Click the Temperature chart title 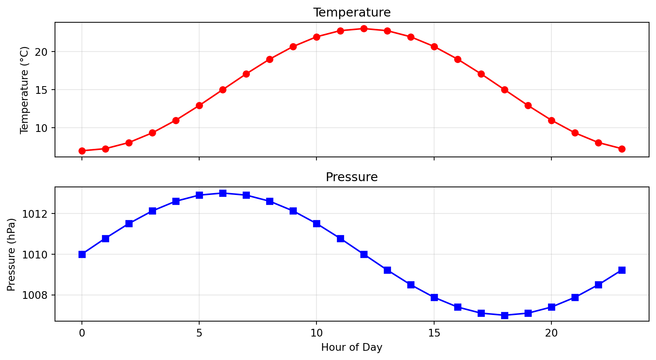pos(352,12)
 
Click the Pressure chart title pos(352,177)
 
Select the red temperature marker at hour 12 pos(364,28)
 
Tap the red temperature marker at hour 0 pos(82,151)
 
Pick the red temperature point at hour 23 pos(622,149)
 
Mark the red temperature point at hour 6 pos(223,90)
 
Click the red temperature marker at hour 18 pos(504,90)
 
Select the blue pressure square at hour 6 pos(223,193)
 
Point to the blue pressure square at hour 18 pos(504,315)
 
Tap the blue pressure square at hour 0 pos(82,254)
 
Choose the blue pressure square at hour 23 pos(622,270)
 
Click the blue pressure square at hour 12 pos(364,254)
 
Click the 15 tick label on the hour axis pos(434,333)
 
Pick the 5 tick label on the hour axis pos(199,333)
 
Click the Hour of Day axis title pos(352,348)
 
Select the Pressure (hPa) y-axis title pos(12,255)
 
